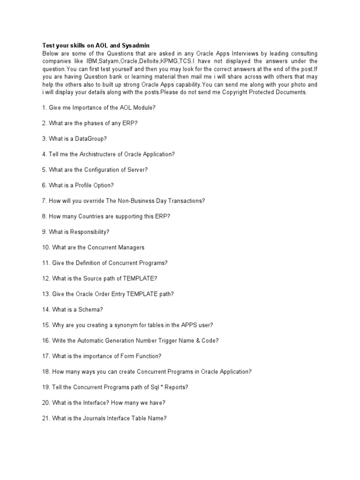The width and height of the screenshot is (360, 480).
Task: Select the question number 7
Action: [45, 201]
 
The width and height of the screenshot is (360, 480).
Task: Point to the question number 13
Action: [46, 293]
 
